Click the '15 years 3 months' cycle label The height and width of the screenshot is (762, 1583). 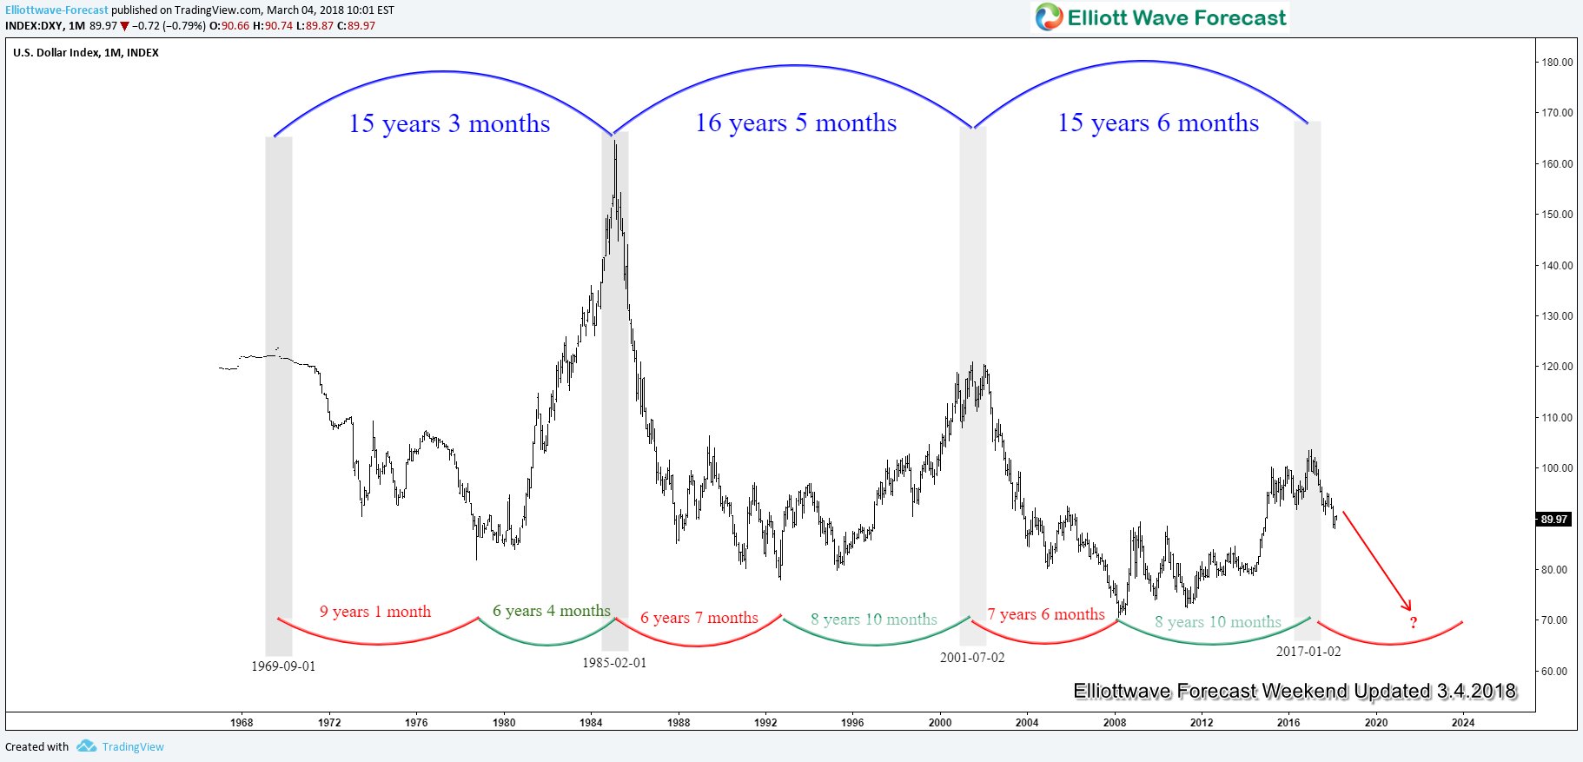tap(449, 123)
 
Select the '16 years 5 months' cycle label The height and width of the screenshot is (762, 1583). tap(795, 123)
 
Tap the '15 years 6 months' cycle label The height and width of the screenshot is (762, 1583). tap(1157, 123)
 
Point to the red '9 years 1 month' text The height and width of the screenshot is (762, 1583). tap(375, 612)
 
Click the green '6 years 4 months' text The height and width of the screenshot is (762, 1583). tap(552, 611)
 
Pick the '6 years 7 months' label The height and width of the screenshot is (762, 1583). tap(699, 618)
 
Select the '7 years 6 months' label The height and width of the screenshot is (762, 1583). tap(1046, 615)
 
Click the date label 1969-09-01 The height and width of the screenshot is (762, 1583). tap(283, 666)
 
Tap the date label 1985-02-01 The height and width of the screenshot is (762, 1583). tap(614, 663)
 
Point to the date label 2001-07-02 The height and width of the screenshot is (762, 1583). tap(972, 658)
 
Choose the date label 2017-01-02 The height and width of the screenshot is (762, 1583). tap(1308, 652)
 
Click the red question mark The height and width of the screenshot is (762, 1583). tap(1414, 623)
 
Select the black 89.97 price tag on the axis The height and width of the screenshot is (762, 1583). tap(1554, 520)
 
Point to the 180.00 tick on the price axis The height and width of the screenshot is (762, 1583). tap(1557, 63)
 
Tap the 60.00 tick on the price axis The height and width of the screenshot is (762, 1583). tap(1557, 672)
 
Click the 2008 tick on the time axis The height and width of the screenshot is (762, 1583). tap(1115, 723)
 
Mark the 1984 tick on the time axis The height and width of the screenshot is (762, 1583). tap(591, 723)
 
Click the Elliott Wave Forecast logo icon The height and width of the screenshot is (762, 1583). tap(1049, 17)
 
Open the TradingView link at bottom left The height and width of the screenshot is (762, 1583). tap(132, 747)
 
